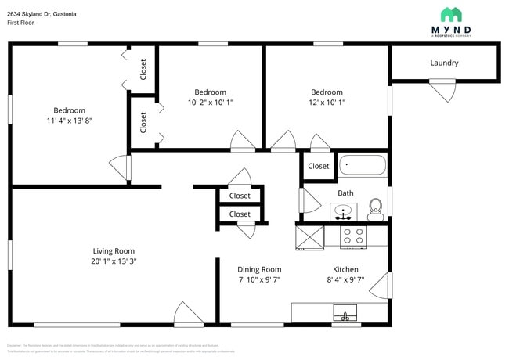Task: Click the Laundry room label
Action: (x=444, y=63)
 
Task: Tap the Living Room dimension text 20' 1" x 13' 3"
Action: (x=114, y=261)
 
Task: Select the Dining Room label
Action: (x=259, y=269)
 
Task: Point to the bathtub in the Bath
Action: (x=363, y=166)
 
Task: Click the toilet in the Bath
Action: (x=375, y=207)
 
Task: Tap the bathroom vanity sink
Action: (x=343, y=211)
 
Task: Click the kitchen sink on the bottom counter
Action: (x=344, y=315)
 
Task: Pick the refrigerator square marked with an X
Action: (x=309, y=236)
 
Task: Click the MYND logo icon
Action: (x=451, y=14)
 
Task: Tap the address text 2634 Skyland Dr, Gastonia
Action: (x=43, y=12)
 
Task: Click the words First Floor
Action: (x=23, y=23)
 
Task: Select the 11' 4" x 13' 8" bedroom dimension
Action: (x=69, y=121)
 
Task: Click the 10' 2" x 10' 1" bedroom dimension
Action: (x=210, y=103)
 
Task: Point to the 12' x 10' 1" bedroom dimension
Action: (x=326, y=103)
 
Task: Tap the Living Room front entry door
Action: (x=188, y=315)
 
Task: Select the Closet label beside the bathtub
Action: (x=318, y=166)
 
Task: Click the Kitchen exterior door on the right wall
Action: (x=380, y=285)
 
